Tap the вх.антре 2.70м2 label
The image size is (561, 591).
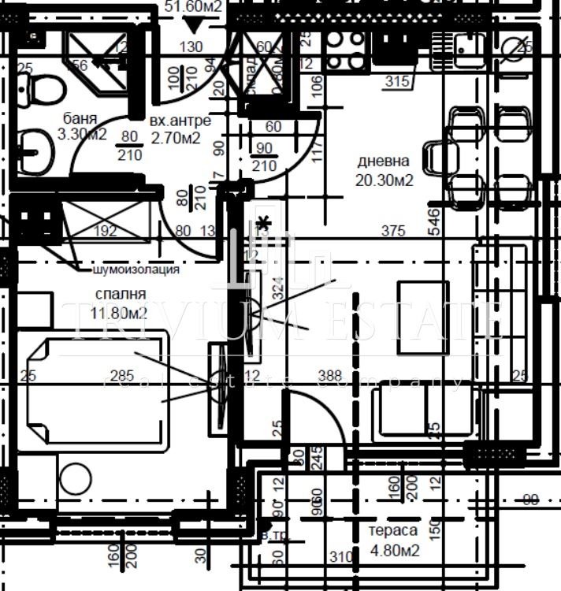point(180,129)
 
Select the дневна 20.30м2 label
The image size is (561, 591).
point(385,169)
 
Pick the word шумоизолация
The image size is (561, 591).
point(136,269)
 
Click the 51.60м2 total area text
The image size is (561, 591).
point(193,7)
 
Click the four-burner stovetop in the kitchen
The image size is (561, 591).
point(345,50)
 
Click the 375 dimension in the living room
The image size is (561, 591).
point(392,231)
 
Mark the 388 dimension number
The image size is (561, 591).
point(329,377)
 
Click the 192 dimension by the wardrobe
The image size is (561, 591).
point(105,231)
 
